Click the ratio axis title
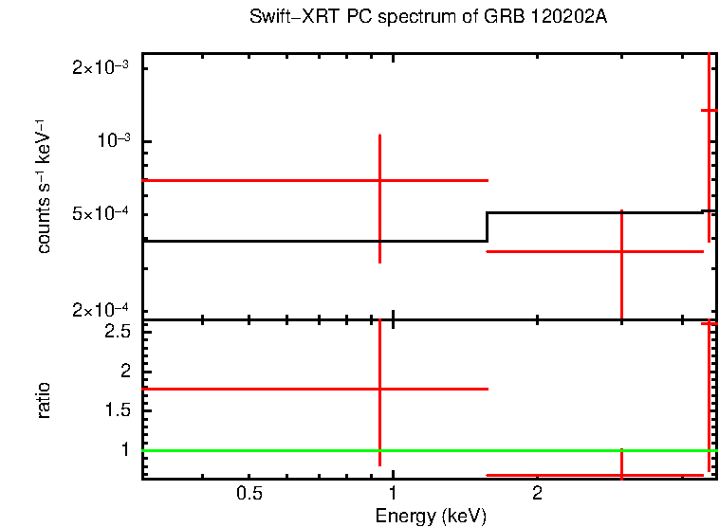click(x=44, y=400)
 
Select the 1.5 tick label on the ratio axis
click(x=117, y=409)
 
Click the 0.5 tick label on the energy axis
click(x=249, y=494)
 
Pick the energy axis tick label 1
click(x=393, y=494)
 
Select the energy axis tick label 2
click(x=537, y=494)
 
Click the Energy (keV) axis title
click(x=431, y=516)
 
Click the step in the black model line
click(x=487, y=227)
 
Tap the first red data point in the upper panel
click(x=379, y=180)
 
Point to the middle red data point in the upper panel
click(x=621, y=251)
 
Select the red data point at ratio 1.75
click(x=379, y=389)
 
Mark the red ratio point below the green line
click(x=621, y=474)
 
